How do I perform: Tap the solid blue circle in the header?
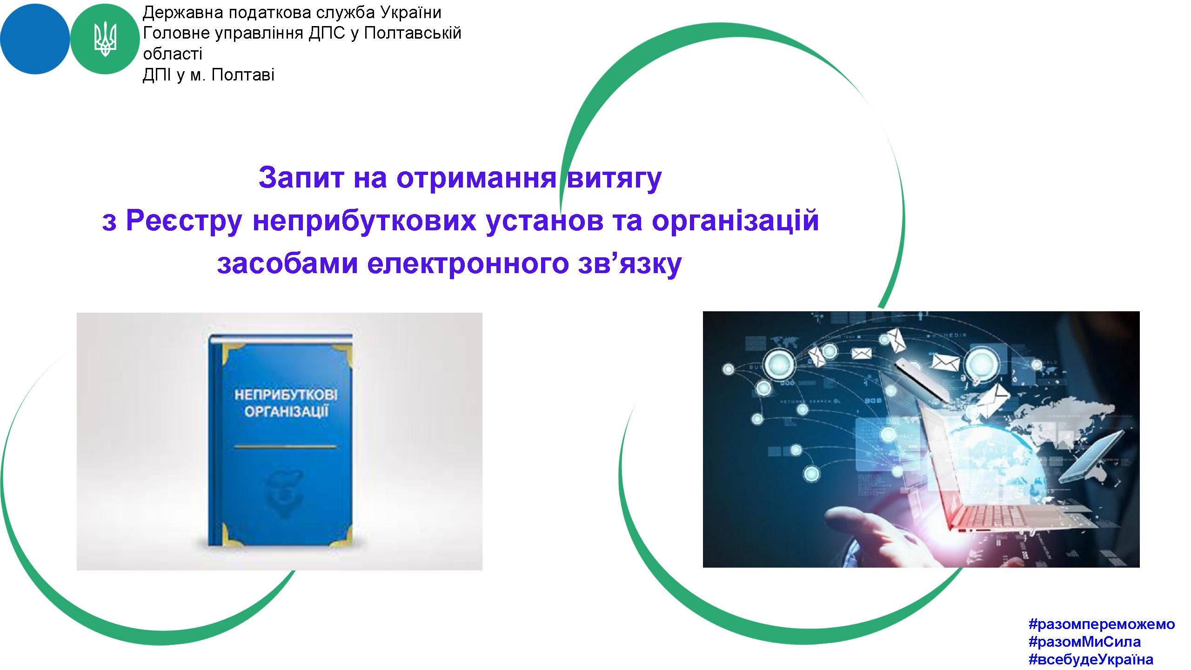[35, 39]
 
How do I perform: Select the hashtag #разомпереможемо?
[1102, 623]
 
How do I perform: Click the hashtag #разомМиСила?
[1085, 642]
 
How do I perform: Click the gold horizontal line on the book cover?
[285, 447]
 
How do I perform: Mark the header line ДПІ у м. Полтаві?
[208, 75]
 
